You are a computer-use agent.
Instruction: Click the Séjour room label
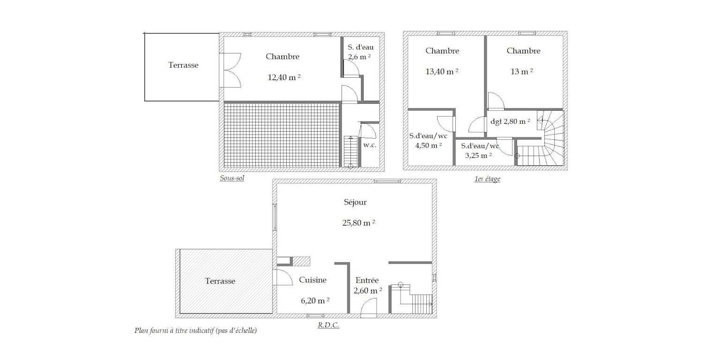(355, 202)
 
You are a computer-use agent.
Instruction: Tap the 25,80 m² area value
(359, 223)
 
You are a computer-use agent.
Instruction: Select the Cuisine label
(312, 280)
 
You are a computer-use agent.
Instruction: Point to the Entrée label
(367, 280)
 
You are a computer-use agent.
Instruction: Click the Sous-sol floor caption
(232, 178)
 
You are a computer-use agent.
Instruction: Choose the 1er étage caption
(487, 179)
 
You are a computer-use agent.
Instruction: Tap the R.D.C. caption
(328, 325)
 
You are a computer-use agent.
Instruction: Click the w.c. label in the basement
(370, 145)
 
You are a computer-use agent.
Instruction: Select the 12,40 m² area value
(284, 77)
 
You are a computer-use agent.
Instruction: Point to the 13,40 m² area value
(442, 71)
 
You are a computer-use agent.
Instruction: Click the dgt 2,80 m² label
(510, 121)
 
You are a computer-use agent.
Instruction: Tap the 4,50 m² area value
(429, 146)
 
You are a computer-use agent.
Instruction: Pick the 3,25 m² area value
(478, 156)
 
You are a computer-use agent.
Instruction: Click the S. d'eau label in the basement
(361, 47)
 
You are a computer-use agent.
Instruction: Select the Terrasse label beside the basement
(183, 65)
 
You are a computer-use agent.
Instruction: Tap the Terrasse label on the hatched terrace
(220, 281)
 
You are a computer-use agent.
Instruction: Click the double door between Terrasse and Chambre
(230, 70)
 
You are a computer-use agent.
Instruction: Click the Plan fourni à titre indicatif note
(195, 330)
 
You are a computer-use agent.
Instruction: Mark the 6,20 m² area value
(315, 300)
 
